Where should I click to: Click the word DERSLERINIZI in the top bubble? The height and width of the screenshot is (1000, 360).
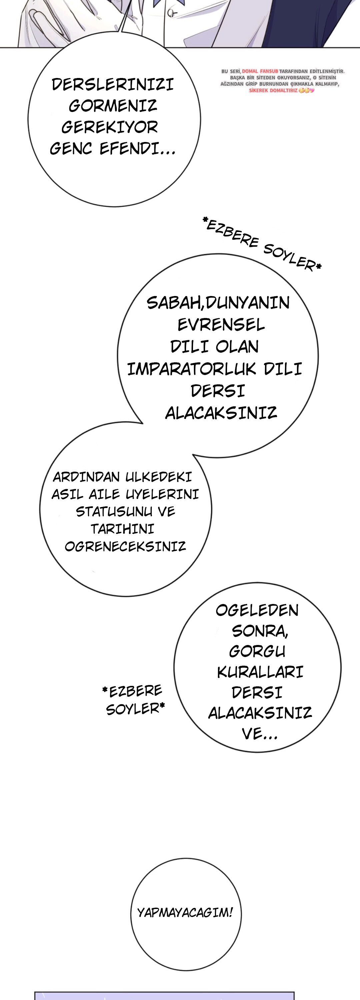click(113, 85)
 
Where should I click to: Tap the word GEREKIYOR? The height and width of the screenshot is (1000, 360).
click(110, 127)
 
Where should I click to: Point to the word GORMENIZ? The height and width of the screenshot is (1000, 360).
click(113, 106)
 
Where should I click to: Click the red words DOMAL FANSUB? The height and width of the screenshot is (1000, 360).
click(260, 71)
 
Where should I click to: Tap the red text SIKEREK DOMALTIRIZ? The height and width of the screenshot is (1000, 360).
click(273, 90)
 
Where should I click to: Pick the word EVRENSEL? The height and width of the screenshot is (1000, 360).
click(221, 325)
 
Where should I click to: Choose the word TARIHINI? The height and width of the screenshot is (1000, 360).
click(122, 529)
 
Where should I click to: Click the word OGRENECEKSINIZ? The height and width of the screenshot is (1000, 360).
click(125, 547)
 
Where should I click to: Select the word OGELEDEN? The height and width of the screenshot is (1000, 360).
click(257, 610)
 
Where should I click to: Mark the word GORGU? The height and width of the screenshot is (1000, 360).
click(257, 651)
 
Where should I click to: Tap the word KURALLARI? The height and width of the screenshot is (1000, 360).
click(260, 672)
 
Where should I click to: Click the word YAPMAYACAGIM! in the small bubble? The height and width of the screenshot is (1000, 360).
click(185, 912)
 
